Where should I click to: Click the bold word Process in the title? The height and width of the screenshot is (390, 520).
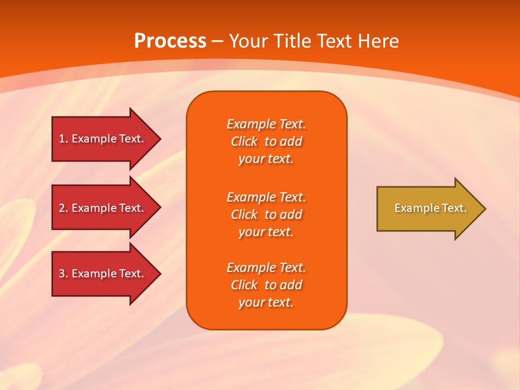click(170, 41)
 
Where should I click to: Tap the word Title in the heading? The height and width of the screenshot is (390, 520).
click(294, 41)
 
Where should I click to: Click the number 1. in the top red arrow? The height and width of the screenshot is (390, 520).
click(63, 139)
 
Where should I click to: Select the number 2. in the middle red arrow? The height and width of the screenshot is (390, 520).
click(63, 208)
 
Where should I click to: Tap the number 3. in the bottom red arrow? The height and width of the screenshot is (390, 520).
click(63, 274)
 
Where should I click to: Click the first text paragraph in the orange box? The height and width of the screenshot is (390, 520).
click(266, 141)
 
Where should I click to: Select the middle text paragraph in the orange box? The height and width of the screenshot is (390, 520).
click(266, 214)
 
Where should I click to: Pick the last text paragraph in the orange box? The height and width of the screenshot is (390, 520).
click(266, 285)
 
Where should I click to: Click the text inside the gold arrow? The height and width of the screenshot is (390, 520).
click(430, 208)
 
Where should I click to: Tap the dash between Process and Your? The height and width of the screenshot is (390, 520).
click(218, 41)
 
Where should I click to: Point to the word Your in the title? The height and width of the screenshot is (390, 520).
click(249, 41)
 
